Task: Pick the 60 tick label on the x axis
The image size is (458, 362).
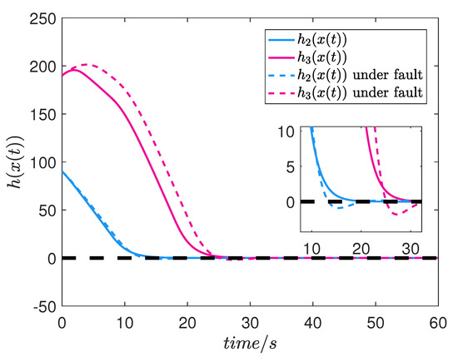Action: tap(436, 322)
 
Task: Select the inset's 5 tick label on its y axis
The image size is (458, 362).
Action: tap(292, 166)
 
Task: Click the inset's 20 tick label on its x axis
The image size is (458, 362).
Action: tap(361, 247)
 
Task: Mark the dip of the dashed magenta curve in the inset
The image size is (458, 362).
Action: tap(396, 214)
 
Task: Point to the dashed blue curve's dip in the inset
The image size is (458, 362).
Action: tap(336, 206)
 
